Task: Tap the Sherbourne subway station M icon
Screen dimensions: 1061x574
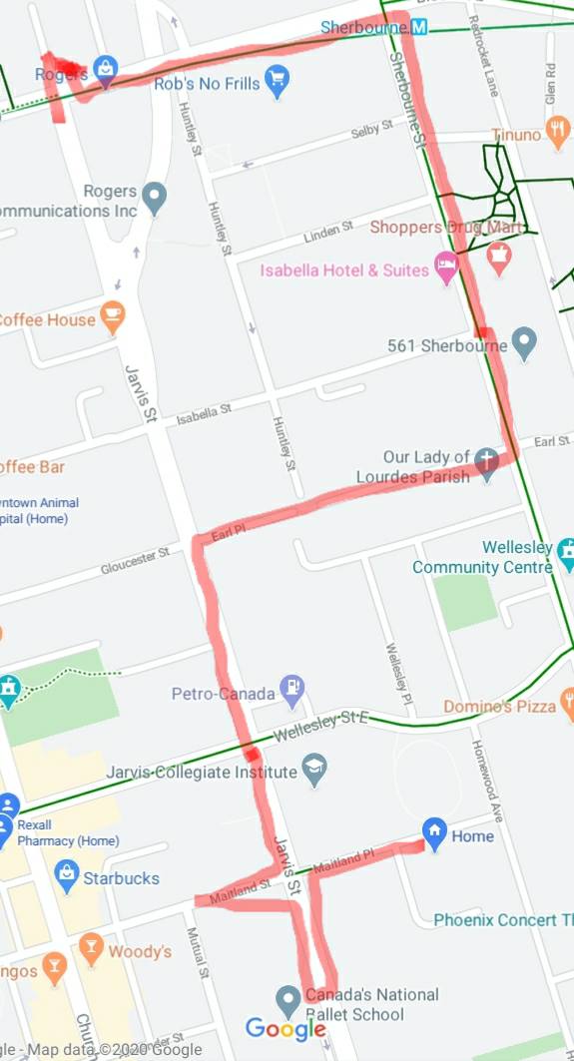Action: [x=419, y=28]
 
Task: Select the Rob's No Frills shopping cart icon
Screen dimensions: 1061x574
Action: [x=277, y=79]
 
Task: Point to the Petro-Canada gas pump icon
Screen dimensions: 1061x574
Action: [x=293, y=687]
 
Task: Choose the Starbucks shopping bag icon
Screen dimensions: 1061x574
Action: [x=67, y=874]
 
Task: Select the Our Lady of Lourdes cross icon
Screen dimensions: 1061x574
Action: [x=486, y=464]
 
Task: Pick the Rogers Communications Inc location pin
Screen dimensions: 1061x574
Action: [x=154, y=198]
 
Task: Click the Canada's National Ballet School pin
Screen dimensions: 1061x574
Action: [x=288, y=999]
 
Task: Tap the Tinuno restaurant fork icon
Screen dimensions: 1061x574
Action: [x=558, y=134]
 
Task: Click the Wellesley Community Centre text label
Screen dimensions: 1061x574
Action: [x=482, y=557]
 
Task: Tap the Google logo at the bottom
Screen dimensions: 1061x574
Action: [x=286, y=1029]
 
